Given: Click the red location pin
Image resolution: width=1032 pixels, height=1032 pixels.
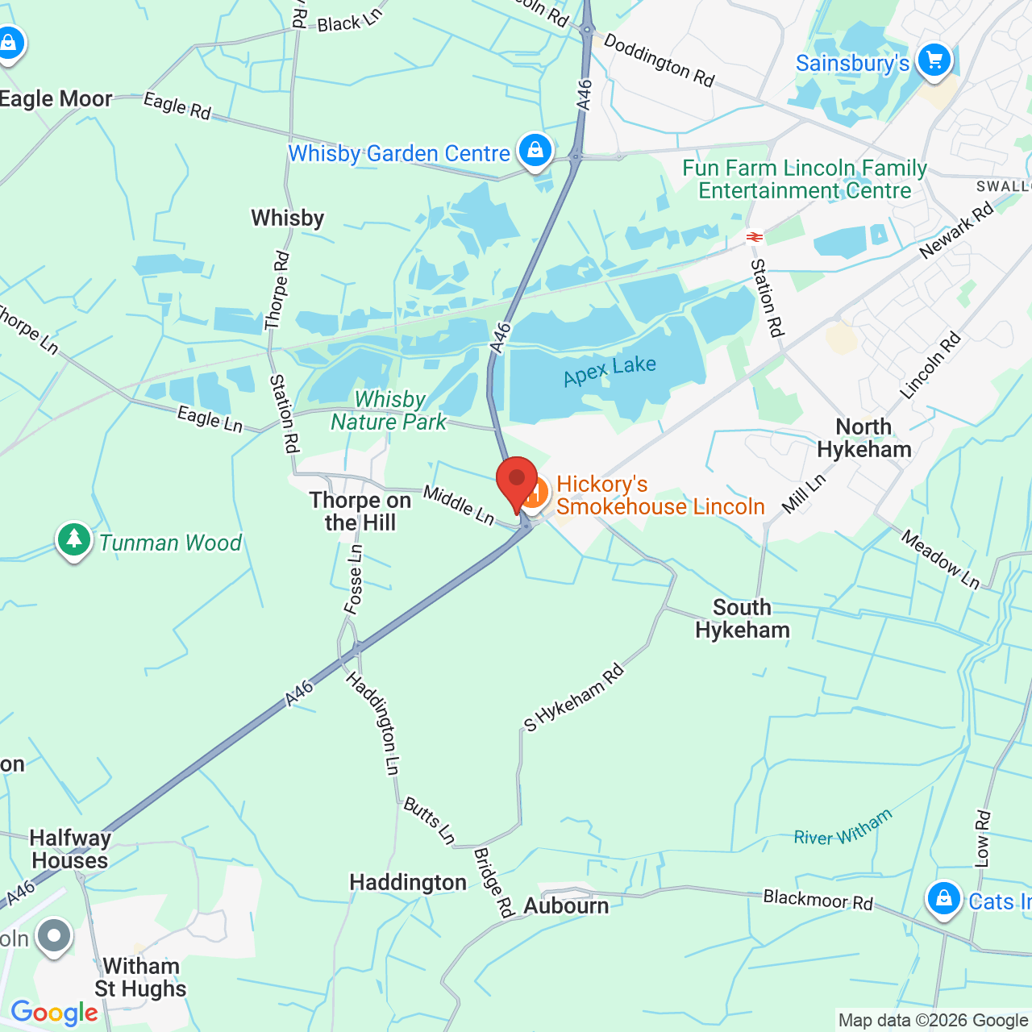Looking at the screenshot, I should [517, 481].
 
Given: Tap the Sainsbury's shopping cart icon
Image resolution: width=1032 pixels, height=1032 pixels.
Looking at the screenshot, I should [934, 60].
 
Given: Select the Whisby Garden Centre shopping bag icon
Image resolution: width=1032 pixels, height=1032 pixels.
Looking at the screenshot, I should [535, 150].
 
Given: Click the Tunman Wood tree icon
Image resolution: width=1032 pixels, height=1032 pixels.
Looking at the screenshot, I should [74, 539].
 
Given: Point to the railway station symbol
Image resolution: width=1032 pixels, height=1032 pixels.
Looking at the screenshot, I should [755, 236].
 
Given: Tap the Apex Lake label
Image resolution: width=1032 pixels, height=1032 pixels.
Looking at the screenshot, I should [610, 371].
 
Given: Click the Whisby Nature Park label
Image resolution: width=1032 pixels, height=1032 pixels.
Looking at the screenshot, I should [389, 410].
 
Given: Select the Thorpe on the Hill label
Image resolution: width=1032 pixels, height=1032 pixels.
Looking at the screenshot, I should [360, 511].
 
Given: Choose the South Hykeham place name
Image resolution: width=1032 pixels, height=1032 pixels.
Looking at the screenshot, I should [743, 618].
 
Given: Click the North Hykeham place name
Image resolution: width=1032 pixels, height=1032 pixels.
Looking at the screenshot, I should [864, 438].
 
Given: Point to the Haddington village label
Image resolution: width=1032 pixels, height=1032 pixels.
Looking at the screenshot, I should [408, 883].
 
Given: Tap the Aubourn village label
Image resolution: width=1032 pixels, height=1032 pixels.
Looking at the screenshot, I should [566, 905].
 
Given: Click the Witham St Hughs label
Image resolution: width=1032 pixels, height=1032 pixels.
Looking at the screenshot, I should [141, 977].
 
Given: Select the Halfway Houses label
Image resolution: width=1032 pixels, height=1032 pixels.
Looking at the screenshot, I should [70, 849].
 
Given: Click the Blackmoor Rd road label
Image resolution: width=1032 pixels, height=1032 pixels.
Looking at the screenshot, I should [818, 899].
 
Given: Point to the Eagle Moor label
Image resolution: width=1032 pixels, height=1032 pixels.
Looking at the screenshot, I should [56, 99].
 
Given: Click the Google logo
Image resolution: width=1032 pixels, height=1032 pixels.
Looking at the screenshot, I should [54, 1013].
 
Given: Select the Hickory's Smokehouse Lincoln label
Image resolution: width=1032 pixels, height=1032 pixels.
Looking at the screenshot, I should [660, 495].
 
